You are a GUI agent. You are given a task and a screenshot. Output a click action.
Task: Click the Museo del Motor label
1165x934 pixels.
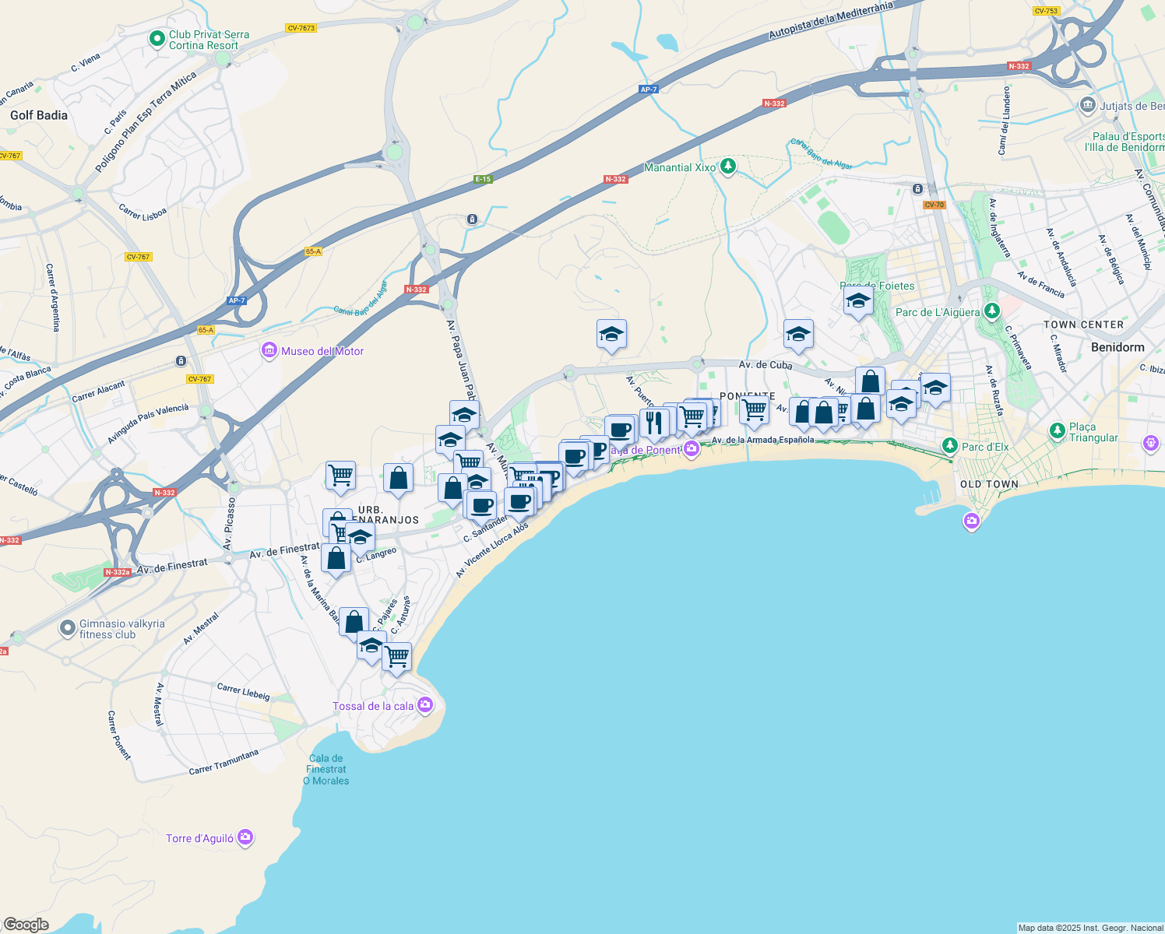tap(322, 351)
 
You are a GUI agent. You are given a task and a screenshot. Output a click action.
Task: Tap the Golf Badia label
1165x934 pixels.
tap(39, 115)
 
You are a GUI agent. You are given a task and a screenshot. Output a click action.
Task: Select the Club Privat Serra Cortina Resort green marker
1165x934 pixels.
tap(157, 38)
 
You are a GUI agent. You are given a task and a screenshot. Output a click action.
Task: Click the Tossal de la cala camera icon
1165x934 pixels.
tap(425, 705)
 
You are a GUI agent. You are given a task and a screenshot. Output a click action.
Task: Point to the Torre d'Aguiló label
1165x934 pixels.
tap(199, 838)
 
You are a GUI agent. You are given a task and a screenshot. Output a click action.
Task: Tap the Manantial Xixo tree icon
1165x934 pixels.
tap(728, 167)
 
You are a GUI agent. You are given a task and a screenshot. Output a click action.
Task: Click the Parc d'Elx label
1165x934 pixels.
tap(985, 447)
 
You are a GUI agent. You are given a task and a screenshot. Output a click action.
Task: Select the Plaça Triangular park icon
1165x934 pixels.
tap(1057, 430)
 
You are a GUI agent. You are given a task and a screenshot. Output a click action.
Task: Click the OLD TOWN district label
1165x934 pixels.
tap(989, 484)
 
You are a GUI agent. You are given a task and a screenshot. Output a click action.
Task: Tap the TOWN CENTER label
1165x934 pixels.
tap(1083, 325)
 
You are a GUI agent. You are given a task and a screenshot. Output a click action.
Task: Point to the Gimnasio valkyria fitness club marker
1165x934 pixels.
tap(69, 627)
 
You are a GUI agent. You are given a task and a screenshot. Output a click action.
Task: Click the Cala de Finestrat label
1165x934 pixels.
tap(326, 769)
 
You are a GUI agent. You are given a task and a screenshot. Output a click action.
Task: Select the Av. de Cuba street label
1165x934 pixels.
tap(766, 364)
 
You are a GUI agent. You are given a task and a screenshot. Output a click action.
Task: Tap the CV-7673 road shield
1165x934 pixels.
tap(301, 28)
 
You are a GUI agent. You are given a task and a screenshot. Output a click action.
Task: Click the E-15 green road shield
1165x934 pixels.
tap(484, 179)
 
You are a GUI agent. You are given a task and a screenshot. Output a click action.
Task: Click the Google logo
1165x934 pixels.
tap(26, 925)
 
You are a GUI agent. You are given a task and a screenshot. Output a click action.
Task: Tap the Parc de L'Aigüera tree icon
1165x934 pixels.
tap(991, 311)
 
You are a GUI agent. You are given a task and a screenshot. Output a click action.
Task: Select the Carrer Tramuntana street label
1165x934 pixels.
tap(223, 762)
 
